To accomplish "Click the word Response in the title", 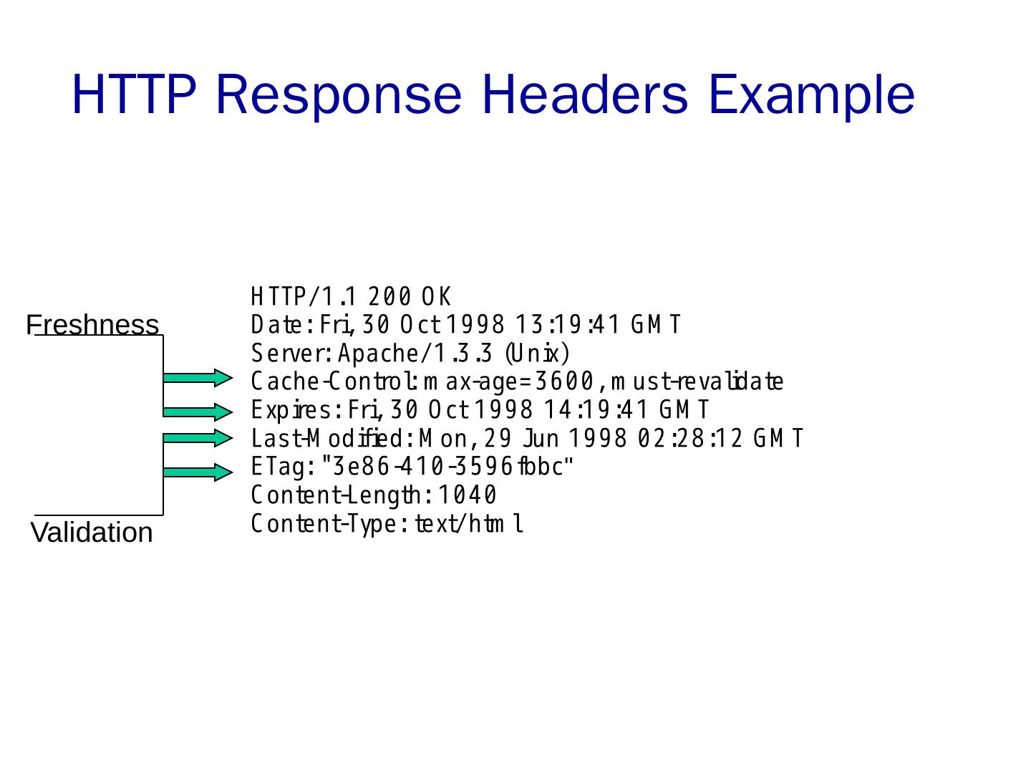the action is click(338, 94).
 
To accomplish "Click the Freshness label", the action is click(92, 325).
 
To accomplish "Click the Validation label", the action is click(92, 533).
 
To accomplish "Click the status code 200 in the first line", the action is click(390, 296).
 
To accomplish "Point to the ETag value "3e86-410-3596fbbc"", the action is click(448, 467).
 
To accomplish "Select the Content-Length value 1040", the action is click(468, 495).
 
